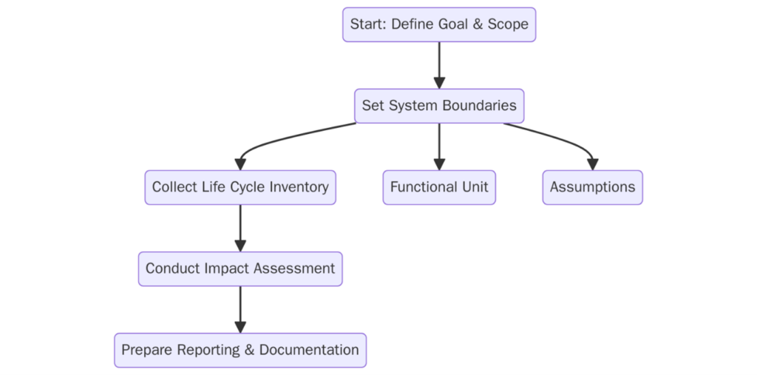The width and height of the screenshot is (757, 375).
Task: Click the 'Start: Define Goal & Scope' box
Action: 439,24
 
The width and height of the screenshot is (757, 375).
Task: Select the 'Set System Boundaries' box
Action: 439,106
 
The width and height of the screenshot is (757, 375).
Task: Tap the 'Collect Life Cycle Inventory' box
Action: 240,187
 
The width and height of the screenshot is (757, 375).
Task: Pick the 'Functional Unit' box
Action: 439,187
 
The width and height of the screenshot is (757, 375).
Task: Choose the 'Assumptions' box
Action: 592,187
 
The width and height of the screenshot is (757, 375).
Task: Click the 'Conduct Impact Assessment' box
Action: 240,268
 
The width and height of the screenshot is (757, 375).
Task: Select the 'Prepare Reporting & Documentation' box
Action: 240,350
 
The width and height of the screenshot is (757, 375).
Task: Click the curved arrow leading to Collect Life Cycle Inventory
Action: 296,137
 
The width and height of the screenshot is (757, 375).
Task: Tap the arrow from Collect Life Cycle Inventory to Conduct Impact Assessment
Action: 240,228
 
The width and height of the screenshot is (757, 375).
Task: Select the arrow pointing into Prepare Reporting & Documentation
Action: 240,309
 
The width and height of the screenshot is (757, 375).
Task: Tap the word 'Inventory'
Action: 300,187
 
